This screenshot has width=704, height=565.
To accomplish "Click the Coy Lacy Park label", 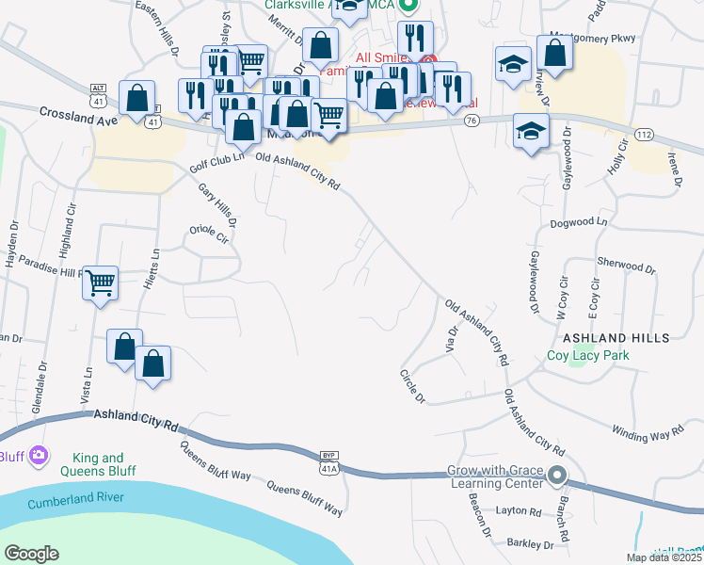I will [x=588, y=355].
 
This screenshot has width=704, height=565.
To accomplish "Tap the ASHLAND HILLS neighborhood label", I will [x=616, y=337].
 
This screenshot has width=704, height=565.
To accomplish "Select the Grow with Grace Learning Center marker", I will [x=558, y=476].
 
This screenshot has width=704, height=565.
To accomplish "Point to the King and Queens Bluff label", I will [x=98, y=464].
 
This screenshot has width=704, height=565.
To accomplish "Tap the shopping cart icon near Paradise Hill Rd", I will [x=101, y=282].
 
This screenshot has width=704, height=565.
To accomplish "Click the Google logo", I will [x=31, y=554].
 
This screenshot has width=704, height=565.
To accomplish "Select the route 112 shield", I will [x=644, y=136].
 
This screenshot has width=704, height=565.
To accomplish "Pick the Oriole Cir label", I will [x=210, y=233].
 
